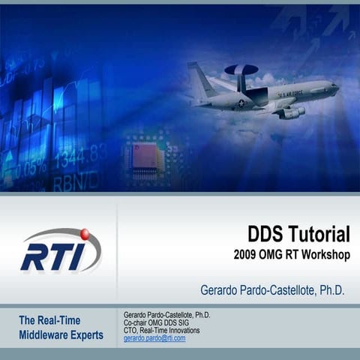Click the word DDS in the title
[266, 235]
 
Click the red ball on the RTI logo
[84, 235]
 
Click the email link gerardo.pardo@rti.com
[154, 338]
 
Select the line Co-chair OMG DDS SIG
[157, 322]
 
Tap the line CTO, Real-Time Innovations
[161, 330]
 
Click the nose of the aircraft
[335, 87]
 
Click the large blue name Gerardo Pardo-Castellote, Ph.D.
[272, 289]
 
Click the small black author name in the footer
[166, 315]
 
